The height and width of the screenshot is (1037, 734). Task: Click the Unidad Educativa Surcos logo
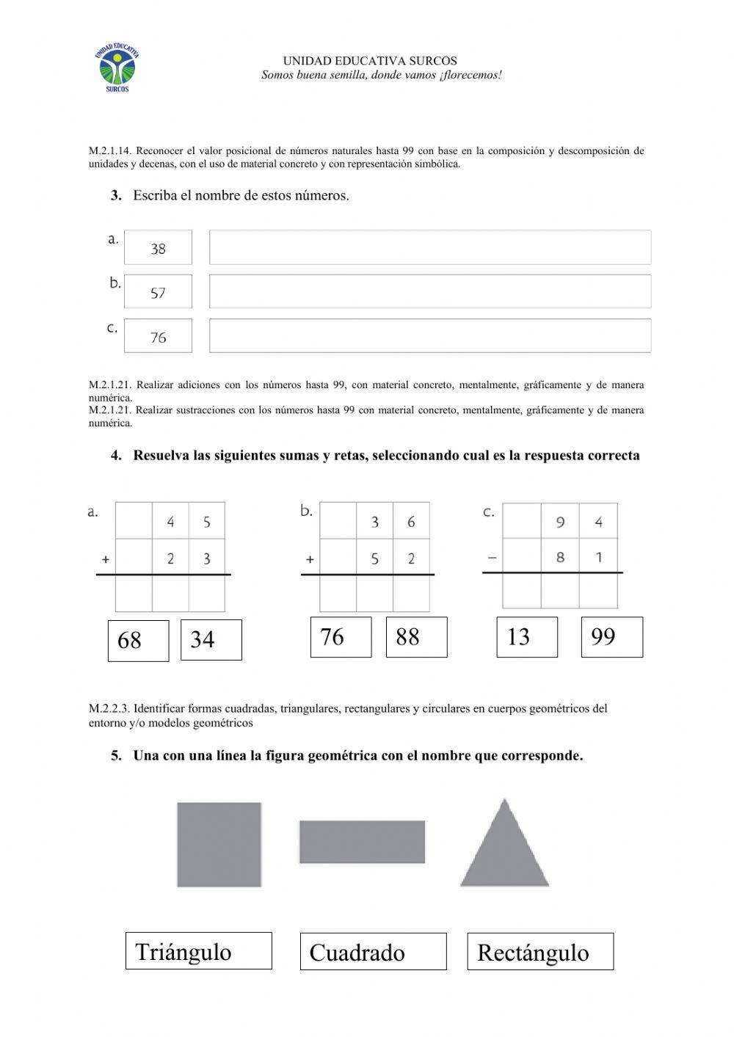pyautogui.click(x=117, y=68)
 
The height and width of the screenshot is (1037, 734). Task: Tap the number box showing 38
pyautogui.click(x=158, y=248)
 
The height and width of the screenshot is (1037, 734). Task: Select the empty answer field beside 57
pyautogui.click(x=429, y=291)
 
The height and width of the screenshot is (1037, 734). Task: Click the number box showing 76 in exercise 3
pyautogui.click(x=158, y=336)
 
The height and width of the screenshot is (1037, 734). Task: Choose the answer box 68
pyautogui.click(x=138, y=641)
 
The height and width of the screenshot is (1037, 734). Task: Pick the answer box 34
pyautogui.click(x=211, y=640)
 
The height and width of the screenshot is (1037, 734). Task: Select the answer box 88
pyautogui.click(x=416, y=637)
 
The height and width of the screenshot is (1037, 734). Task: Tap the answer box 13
pyautogui.click(x=526, y=637)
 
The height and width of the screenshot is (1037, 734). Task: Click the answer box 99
pyautogui.click(x=611, y=637)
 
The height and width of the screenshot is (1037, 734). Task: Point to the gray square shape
pyautogui.click(x=219, y=845)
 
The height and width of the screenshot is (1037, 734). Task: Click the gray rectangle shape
pyautogui.click(x=362, y=842)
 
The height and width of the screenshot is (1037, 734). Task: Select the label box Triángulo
pyautogui.click(x=198, y=951)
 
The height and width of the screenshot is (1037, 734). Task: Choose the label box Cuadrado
pyautogui.click(x=373, y=952)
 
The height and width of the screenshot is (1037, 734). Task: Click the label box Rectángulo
pyautogui.click(x=539, y=952)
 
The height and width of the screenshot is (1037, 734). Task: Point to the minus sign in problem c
pyautogui.click(x=492, y=558)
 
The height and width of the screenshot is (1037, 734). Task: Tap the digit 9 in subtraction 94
pyautogui.click(x=560, y=523)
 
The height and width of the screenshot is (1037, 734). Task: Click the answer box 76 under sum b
pyautogui.click(x=341, y=637)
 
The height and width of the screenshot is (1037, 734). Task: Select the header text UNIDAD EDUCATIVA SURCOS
pyautogui.click(x=370, y=61)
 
